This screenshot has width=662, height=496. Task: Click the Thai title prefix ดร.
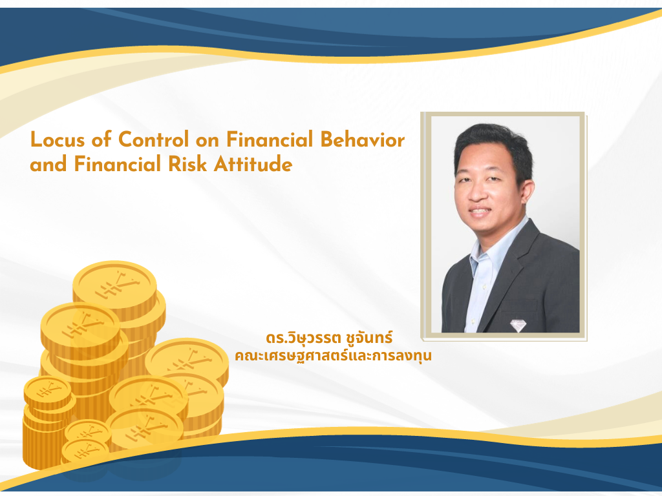pos(275,339)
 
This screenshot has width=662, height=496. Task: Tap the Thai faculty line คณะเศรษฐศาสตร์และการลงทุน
pos(333,355)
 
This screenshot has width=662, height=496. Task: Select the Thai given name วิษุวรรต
pos(312,339)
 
